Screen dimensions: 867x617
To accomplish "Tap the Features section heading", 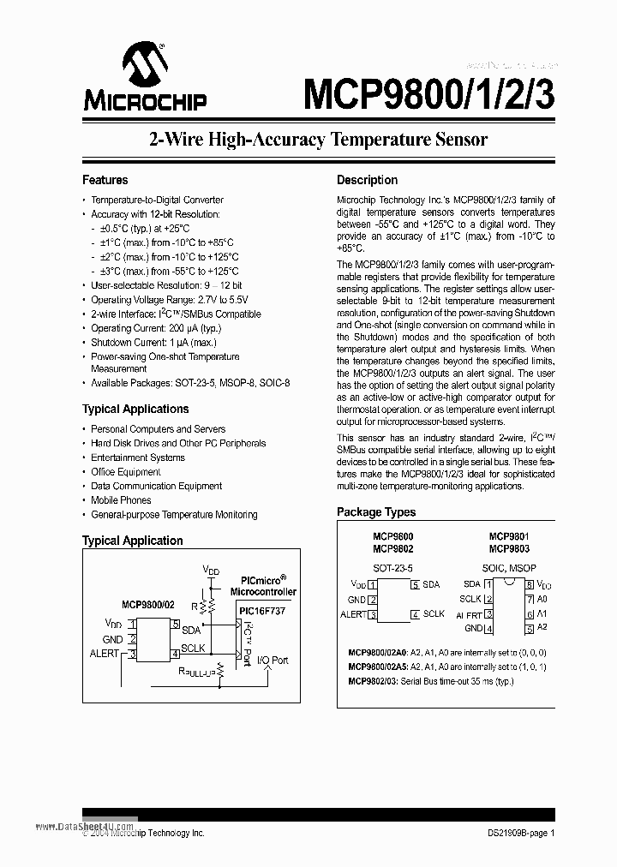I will [x=105, y=180].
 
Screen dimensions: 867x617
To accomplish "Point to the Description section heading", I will [x=367, y=180].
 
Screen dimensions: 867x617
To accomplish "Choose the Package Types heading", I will [x=375, y=512].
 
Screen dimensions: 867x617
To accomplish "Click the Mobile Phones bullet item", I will [x=121, y=500].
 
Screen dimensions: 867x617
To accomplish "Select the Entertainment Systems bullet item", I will [x=139, y=457].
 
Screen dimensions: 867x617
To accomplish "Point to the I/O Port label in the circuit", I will [x=273, y=661].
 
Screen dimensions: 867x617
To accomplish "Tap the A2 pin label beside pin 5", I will [x=542, y=629].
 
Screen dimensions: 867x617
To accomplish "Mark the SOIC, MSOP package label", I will [x=509, y=568].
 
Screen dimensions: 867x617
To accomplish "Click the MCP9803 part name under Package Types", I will [x=509, y=549].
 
